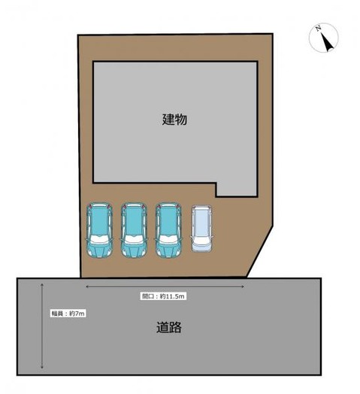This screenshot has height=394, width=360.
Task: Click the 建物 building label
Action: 174,119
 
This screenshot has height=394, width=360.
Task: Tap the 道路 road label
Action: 169,328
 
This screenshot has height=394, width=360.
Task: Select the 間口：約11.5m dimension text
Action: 163,296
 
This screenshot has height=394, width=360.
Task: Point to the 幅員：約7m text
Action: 68,313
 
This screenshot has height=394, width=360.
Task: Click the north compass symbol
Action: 323,38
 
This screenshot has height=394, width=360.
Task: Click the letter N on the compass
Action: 319,29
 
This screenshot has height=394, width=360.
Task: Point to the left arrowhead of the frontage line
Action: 88,287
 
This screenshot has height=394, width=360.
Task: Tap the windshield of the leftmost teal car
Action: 98,241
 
